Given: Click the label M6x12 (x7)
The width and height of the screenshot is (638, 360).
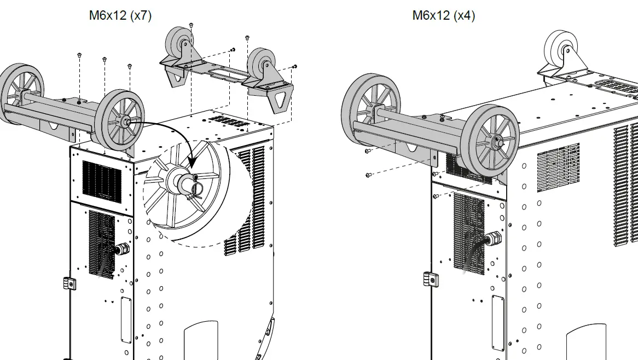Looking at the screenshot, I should click(120, 15).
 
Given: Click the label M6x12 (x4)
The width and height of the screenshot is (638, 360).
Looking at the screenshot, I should click(444, 15).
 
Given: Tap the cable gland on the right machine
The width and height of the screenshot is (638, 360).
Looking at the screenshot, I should click(494, 239).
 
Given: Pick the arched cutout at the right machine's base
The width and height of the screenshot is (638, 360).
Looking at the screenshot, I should click(586, 342).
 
